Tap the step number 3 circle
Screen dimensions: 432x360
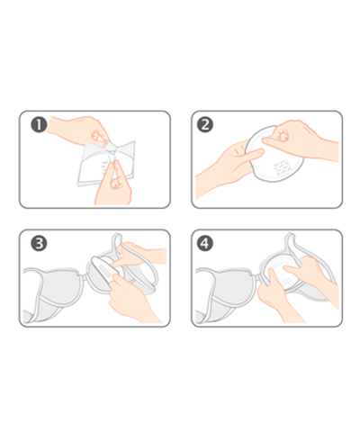pos(37,243)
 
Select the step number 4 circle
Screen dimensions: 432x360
pos(206,243)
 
